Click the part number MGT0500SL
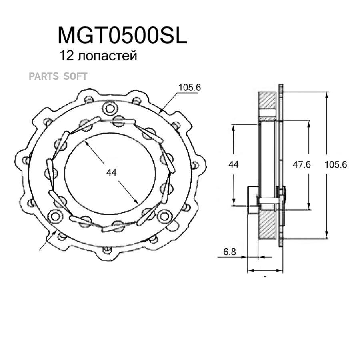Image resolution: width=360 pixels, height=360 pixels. click(x=122, y=36)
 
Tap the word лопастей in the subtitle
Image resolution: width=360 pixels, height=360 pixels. click(x=108, y=56)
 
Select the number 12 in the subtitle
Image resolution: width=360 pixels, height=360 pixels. click(x=66, y=56)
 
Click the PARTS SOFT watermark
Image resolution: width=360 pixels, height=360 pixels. click(x=58, y=76)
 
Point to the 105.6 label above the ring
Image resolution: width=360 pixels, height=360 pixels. click(x=190, y=88)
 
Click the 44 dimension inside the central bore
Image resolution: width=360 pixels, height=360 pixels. click(x=111, y=172)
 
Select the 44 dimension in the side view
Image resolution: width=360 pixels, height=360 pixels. click(x=234, y=164)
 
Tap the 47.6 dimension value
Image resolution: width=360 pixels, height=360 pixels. click(x=302, y=165)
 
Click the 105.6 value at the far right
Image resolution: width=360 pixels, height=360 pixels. click(x=336, y=165)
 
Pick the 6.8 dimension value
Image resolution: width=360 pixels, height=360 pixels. click(x=230, y=252)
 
